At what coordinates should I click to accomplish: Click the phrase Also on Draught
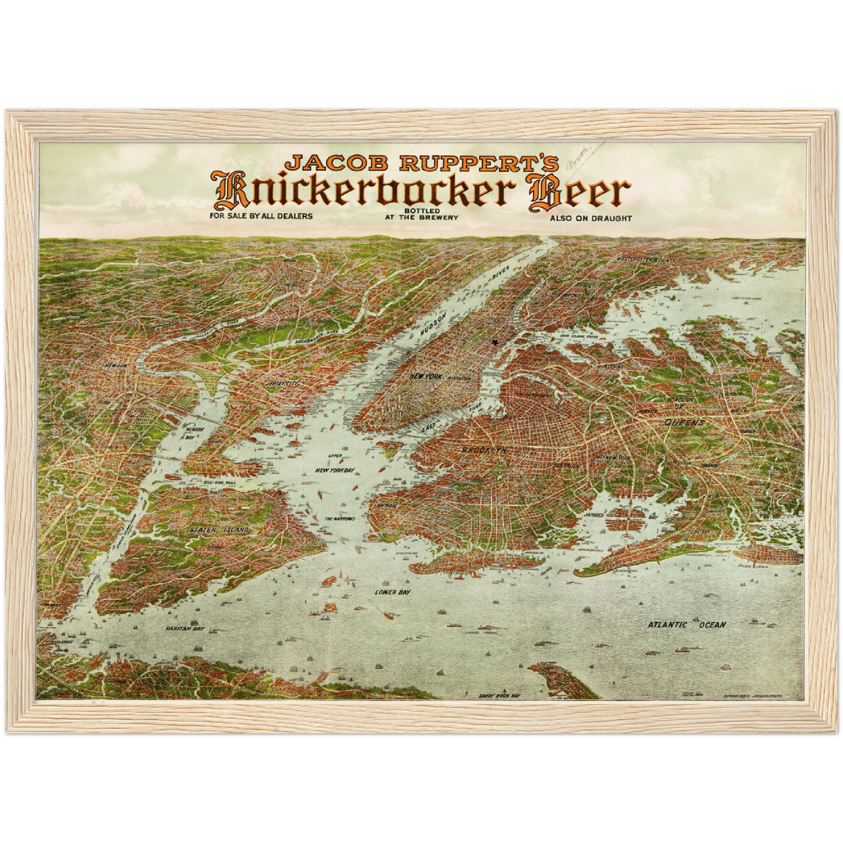(x=590, y=218)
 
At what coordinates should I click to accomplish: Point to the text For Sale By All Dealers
(x=261, y=216)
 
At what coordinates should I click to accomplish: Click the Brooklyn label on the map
(x=484, y=450)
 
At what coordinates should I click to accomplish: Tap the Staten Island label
(x=219, y=530)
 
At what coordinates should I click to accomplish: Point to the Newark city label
(x=116, y=366)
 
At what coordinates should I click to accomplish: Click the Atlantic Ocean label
(x=687, y=625)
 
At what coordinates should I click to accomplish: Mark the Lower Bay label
(x=393, y=592)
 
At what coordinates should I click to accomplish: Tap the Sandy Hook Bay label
(x=499, y=695)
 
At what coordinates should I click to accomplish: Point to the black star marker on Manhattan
(x=495, y=342)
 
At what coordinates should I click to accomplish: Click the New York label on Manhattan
(x=426, y=376)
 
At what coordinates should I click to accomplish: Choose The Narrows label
(x=340, y=519)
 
